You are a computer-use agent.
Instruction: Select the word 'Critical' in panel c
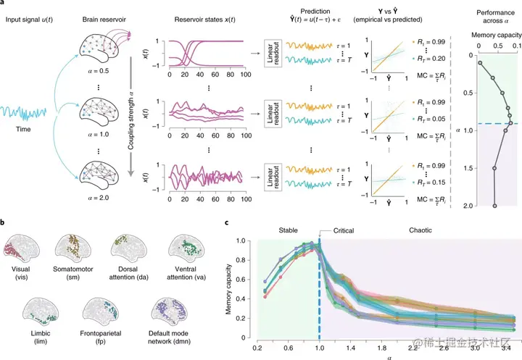point(348,230)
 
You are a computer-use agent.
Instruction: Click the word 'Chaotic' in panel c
point(416,230)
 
